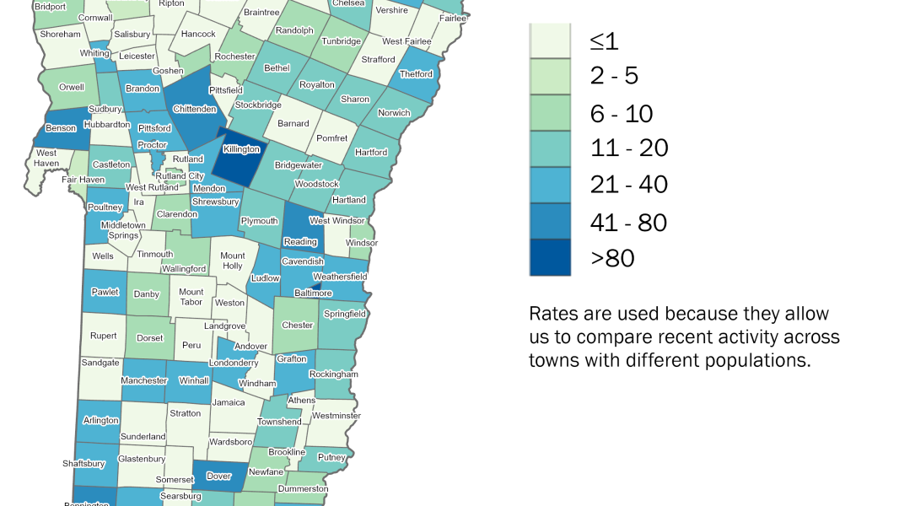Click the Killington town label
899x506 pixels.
(x=241, y=149)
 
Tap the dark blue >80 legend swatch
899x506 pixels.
(x=550, y=257)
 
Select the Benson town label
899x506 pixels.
(x=62, y=129)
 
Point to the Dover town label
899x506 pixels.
(x=218, y=476)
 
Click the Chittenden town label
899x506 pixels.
(x=195, y=109)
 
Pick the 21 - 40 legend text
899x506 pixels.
(x=629, y=184)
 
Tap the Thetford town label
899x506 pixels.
(x=416, y=74)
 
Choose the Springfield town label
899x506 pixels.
(x=345, y=314)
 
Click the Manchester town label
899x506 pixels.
(x=144, y=380)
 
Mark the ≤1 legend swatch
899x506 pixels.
(x=550, y=40)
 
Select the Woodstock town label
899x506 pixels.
(x=316, y=184)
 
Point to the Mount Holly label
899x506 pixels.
(x=233, y=261)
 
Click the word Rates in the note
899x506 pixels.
(x=552, y=314)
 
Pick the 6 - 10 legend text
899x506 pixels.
(x=622, y=112)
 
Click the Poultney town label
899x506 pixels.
(x=105, y=207)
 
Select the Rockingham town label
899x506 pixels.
(x=334, y=374)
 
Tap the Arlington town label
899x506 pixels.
(x=101, y=420)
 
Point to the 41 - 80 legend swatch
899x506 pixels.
(x=550, y=221)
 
